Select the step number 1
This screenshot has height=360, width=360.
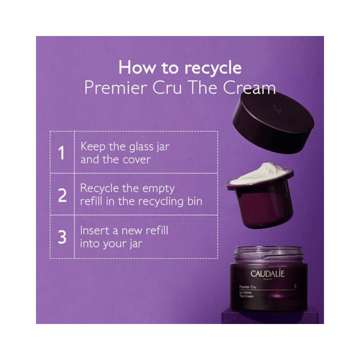62,153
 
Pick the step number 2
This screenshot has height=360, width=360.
62,195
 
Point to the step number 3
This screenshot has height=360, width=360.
62,237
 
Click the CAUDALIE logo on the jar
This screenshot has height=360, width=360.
267,274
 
